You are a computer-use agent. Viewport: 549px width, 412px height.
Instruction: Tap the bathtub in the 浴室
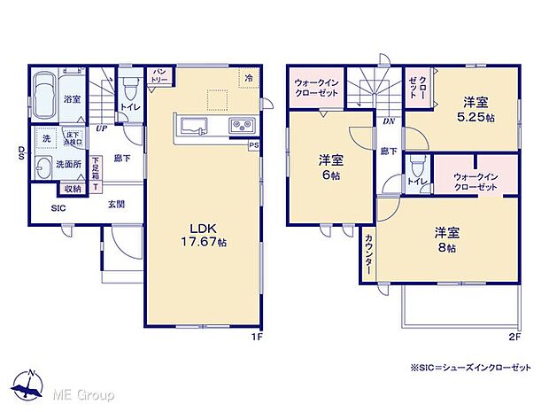pyautogui.click(x=45, y=92)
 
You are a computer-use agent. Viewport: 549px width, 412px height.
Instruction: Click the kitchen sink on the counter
pyautogui.click(x=194, y=124)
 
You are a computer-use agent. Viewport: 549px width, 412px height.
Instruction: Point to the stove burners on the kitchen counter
pyautogui.click(x=240, y=125)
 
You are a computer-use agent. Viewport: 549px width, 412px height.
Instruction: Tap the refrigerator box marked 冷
pyautogui.click(x=250, y=79)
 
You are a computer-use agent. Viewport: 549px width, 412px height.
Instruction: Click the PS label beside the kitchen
pyautogui.click(x=254, y=145)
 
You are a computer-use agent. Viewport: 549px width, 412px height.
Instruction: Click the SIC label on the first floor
pyautogui.click(x=58, y=209)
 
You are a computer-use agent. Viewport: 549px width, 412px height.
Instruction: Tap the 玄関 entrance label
pyautogui.click(x=116, y=204)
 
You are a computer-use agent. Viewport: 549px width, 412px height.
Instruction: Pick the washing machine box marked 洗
pyautogui.click(x=47, y=138)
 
